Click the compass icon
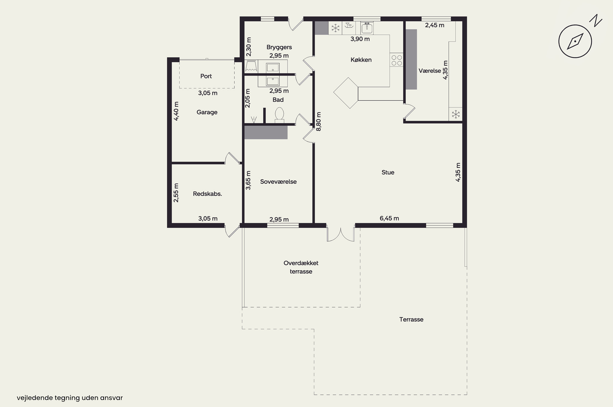pos(575,41)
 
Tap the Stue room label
pos(388,172)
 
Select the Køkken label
pos(361,60)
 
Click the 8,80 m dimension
pos(318,122)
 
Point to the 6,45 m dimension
pos(389,218)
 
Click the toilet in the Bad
pos(279,115)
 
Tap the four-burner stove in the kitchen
pos(397,60)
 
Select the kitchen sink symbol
pos(367,28)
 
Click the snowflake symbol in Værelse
pos(456,114)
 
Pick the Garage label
pos(207,112)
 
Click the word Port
pos(206,76)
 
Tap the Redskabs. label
pos(207,194)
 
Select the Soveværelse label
pos(278,182)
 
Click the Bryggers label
pos(279,47)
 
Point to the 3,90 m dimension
pos(360,39)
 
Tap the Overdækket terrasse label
pos(301,267)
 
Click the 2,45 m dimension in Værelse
pos(435,25)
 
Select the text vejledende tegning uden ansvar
pos(70,398)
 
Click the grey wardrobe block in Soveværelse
pos(266,132)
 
